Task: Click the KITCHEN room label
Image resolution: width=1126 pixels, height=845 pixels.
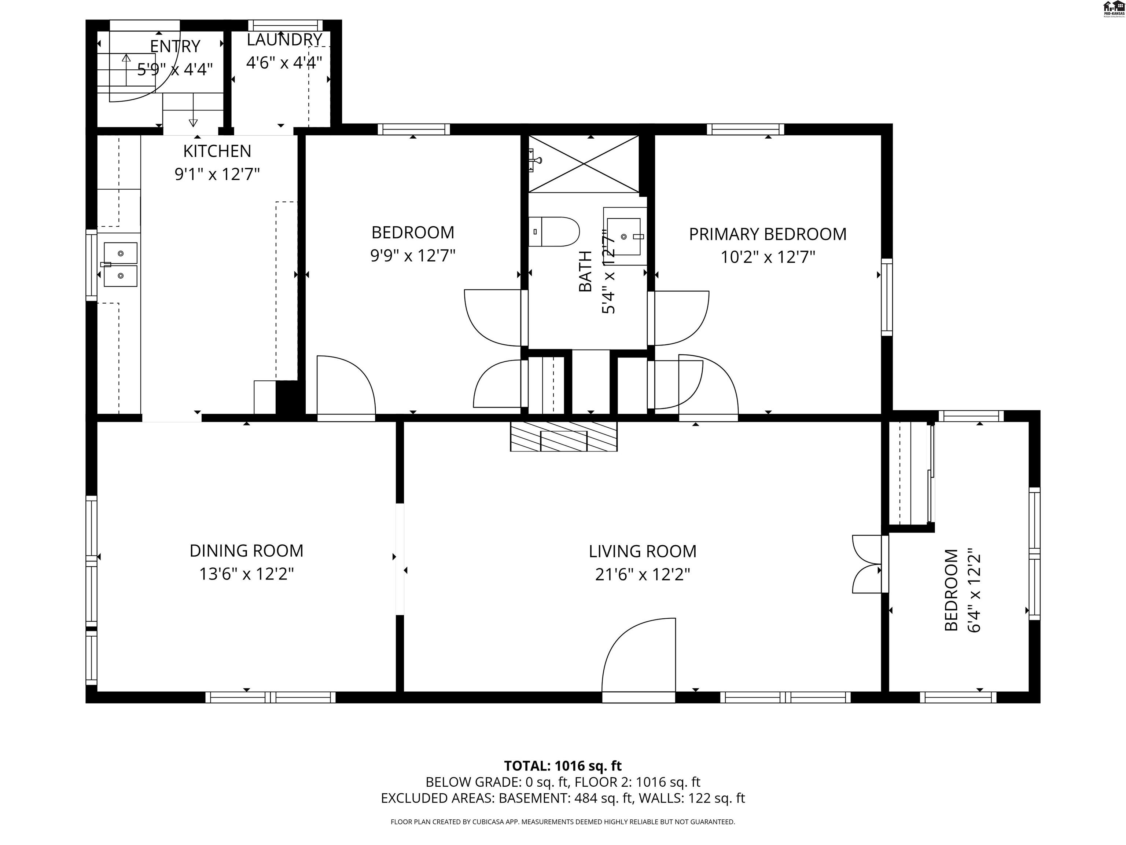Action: point(217,151)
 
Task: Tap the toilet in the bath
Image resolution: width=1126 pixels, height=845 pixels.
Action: point(554,232)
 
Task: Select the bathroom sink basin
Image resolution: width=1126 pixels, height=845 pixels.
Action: point(624,237)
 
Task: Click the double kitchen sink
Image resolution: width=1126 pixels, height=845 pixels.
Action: point(121,264)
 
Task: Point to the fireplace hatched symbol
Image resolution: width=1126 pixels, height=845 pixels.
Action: point(563,436)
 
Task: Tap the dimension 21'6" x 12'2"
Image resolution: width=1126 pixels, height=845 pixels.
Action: point(643,575)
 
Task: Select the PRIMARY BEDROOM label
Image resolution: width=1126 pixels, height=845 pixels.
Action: point(767,234)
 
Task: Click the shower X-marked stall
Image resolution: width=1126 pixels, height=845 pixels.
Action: point(584,164)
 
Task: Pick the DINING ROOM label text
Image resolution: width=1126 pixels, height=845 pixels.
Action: point(246,550)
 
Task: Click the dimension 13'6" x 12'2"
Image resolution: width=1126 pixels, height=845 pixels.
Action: point(246,574)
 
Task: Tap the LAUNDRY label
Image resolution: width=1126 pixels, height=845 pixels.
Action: point(284,40)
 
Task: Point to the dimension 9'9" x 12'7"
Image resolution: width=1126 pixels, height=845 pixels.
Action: point(412,255)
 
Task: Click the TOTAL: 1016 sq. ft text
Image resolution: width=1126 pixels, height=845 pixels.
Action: point(563,765)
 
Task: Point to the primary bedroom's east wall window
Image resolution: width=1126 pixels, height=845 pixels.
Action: point(887,297)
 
